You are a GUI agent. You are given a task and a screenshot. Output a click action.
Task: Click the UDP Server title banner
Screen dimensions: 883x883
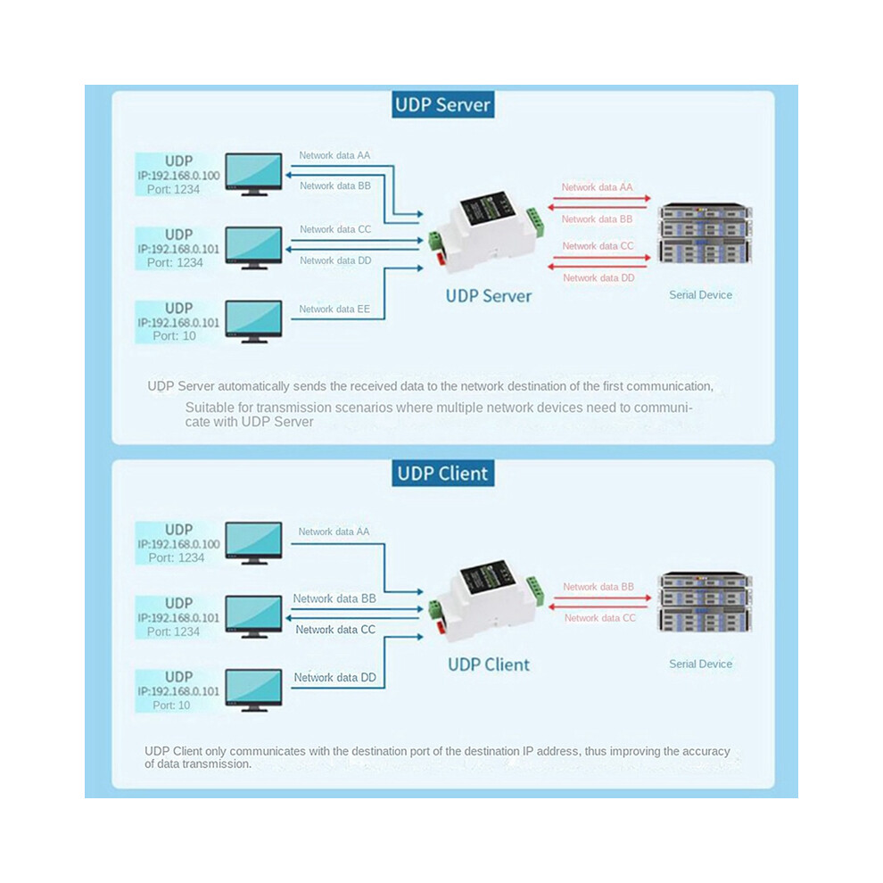tap(442, 104)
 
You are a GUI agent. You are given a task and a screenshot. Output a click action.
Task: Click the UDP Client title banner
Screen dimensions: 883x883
tap(442, 473)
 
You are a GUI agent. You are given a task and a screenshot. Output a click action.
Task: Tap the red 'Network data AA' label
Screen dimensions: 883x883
tap(597, 187)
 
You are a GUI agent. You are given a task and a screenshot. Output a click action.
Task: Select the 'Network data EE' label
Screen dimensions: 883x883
tap(334, 309)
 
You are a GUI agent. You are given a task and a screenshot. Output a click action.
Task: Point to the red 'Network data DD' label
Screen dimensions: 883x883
tap(598, 277)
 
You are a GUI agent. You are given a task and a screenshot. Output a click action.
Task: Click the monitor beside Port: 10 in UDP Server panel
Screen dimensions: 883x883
tap(253, 322)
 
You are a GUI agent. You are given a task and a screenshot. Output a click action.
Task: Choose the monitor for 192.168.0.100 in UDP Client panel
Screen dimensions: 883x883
tap(253, 543)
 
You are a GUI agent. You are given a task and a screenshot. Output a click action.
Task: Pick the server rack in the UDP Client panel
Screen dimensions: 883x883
tap(705, 602)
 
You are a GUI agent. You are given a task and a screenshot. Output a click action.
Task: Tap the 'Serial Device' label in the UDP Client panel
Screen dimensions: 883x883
tap(700, 664)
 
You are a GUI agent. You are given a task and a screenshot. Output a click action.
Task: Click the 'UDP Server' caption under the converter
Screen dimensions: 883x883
tap(488, 296)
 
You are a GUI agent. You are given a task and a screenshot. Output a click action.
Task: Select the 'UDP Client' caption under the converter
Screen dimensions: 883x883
tap(488, 664)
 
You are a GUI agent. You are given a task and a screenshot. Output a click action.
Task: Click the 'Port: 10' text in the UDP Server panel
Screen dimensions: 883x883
tap(174, 336)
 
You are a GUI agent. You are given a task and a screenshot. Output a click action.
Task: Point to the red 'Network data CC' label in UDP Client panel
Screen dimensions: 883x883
tap(599, 618)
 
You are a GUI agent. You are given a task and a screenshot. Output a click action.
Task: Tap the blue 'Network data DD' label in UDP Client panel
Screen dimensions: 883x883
tap(334, 678)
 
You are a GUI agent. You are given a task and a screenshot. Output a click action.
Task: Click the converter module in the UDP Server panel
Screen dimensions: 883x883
tap(485, 232)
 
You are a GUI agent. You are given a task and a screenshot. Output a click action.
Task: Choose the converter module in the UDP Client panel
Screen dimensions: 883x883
tap(485, 600)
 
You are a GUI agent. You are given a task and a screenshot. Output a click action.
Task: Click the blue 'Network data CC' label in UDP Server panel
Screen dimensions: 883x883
tap(335, 229)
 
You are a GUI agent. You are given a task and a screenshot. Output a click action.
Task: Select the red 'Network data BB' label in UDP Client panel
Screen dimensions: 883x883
tap(598, 587)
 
